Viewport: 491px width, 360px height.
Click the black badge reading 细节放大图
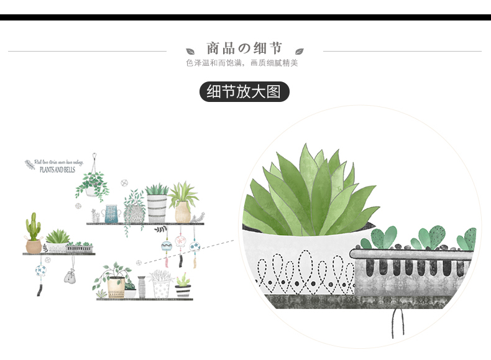point(244,92)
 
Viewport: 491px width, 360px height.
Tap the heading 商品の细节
point(244,48)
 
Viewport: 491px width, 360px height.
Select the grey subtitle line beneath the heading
point(242,63)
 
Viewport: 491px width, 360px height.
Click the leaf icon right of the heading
point(299,51)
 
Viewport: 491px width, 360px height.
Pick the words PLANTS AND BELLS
point(57,169)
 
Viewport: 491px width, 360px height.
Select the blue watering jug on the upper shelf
point(112,213)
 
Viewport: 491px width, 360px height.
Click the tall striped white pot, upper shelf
point(157,208)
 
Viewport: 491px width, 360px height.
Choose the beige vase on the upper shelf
point(182,212)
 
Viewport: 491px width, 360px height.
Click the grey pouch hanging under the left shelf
point(69,276)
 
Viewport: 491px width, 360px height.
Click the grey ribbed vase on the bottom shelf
point(142,287)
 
